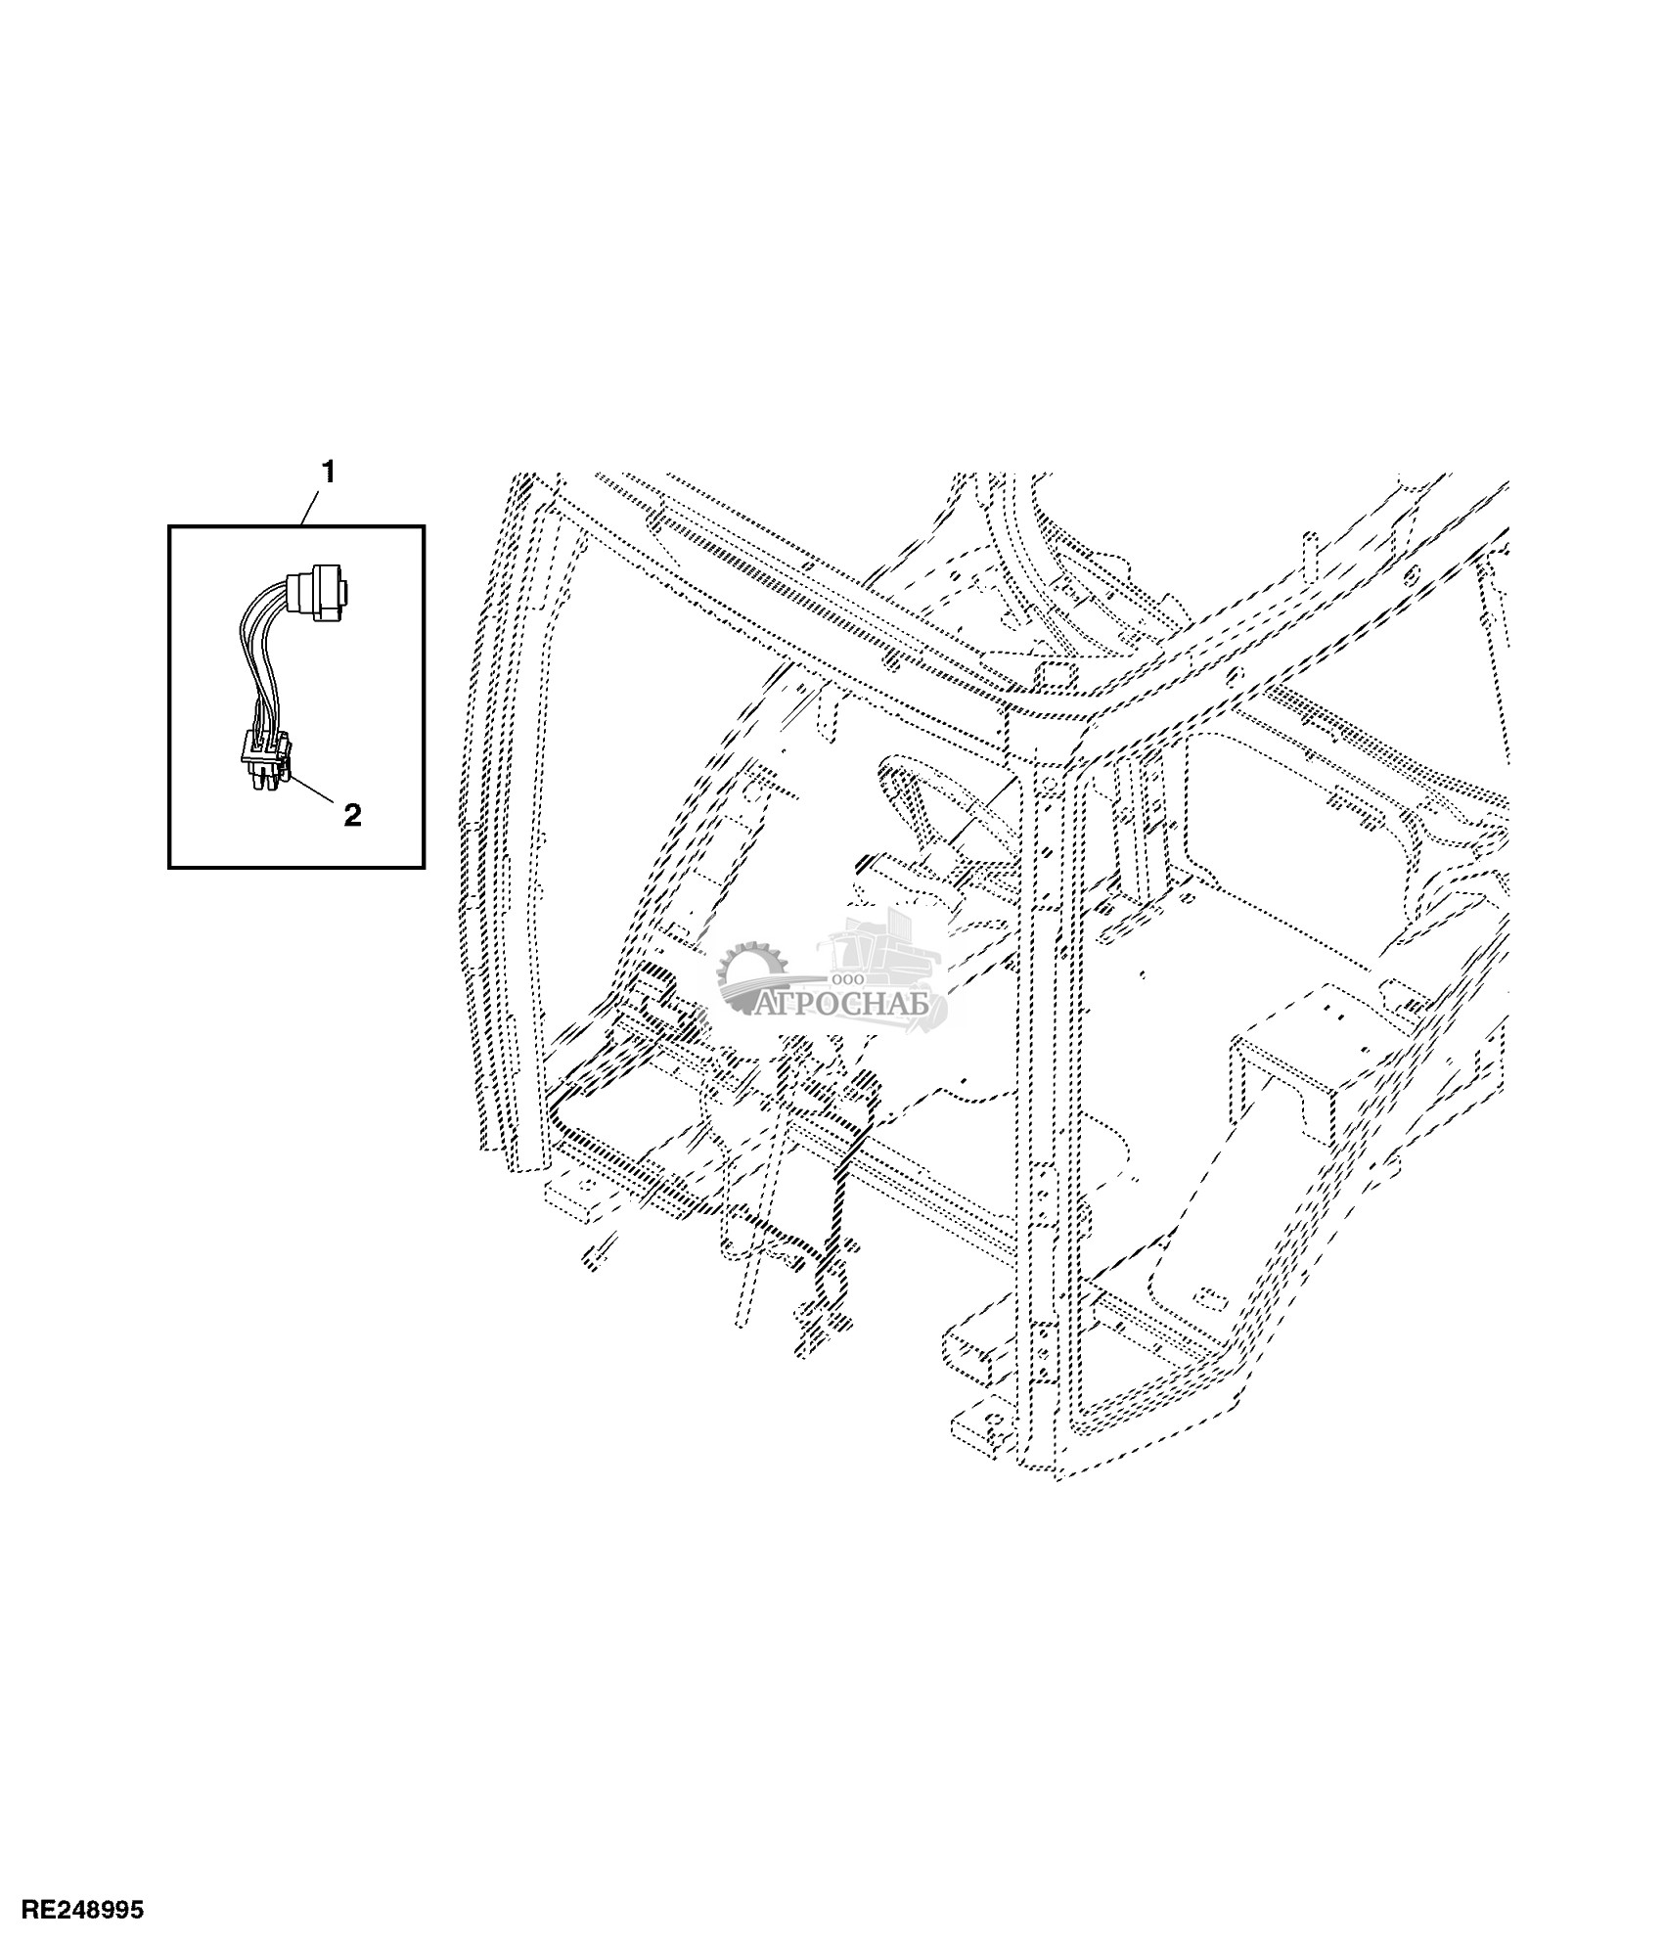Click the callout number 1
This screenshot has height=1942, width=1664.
pyautogui.click(x=328, y=474)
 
